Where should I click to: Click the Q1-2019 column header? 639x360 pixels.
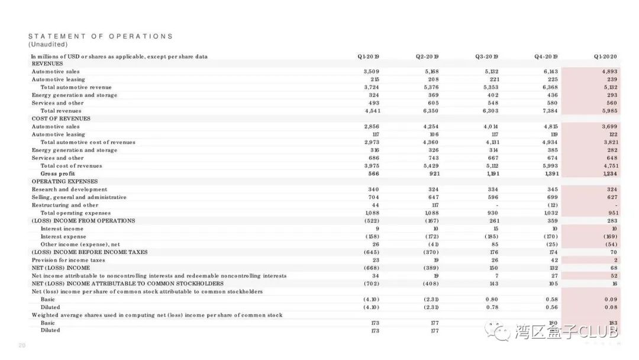(368, 57)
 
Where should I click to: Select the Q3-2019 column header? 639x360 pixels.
(486, 57)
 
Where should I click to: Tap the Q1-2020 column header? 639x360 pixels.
(605, 57)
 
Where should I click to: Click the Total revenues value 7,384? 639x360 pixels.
(550, 111)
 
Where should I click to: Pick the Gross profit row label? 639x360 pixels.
(57, 173)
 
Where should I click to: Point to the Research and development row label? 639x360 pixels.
(69, 189)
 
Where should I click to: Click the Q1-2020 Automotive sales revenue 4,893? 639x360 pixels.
(609, 72)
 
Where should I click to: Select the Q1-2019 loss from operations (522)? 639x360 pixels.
(371, 221)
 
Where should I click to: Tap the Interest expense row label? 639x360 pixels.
(63, 236)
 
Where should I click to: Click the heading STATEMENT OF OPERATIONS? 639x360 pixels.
(101, 36)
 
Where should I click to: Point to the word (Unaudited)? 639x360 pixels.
(48, 44)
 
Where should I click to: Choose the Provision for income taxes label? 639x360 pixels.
(68, 260)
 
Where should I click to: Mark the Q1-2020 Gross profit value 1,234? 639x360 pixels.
(609, 173)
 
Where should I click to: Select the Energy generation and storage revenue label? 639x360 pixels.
(74, 95)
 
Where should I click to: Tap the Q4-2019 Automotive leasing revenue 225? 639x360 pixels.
(553, 79)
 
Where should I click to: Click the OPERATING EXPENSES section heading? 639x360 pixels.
(64, 181)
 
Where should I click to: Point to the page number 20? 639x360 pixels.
(22, 346)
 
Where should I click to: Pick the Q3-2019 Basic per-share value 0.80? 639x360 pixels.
(491, 300)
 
